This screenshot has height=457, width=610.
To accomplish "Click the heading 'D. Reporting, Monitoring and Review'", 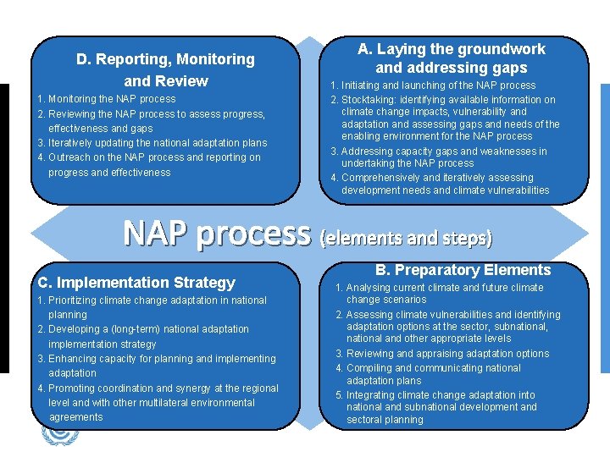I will tap(165, 70).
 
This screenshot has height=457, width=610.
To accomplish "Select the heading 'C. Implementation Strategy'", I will tap(136, 283).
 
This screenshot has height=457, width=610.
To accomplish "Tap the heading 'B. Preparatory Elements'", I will tap(463, 270).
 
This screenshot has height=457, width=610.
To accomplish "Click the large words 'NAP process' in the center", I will tap(217, 233).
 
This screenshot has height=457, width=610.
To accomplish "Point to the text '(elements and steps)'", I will tap(405, 238).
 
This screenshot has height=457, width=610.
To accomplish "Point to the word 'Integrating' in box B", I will tap(372, 395).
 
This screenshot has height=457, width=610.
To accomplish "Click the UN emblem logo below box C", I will tap(59, 433).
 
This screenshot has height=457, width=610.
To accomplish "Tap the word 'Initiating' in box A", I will tap(363, 85).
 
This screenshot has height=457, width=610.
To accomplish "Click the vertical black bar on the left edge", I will tap(3, 228).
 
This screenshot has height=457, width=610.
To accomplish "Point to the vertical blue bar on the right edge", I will tap(604, 228).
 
